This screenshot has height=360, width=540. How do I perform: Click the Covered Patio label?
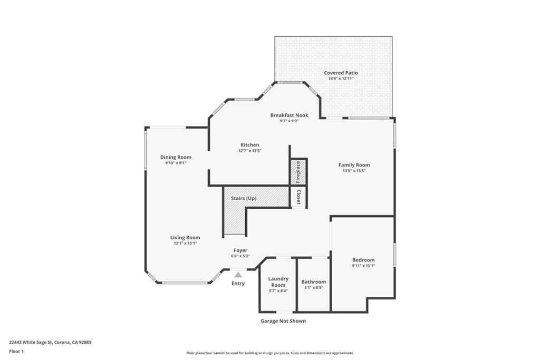[x=341, y=73]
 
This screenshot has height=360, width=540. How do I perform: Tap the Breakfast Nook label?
[x=289, y=115]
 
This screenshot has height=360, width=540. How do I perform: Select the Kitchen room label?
[x=249, y=145]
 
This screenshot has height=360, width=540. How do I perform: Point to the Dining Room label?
[x=176, y=157]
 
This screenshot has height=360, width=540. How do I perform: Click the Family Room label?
[x=354, y=165]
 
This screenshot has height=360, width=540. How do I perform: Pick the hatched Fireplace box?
[x=298, y=172]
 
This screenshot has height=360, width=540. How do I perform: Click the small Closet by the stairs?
[x=298, y=197]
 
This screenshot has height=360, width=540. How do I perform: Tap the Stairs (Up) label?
[x=244, y=198]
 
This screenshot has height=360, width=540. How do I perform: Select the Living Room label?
[x=185, y=237]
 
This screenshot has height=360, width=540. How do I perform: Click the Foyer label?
[x=240, y=250]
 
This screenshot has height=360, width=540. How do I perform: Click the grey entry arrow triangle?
[x=238, y=275]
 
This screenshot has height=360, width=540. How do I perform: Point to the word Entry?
[x=238, y=284]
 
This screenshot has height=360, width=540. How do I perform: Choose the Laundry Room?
[x=278, y=282]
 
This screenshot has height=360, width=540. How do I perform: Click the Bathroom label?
[x=314, y=282]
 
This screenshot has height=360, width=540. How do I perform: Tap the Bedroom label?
[x=363, y=260]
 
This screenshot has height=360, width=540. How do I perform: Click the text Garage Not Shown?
[x=283, y=321]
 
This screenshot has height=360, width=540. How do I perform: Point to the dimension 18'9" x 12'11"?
[x=341, y=79]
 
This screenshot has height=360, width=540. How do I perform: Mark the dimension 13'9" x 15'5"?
[x=354, y=171]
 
